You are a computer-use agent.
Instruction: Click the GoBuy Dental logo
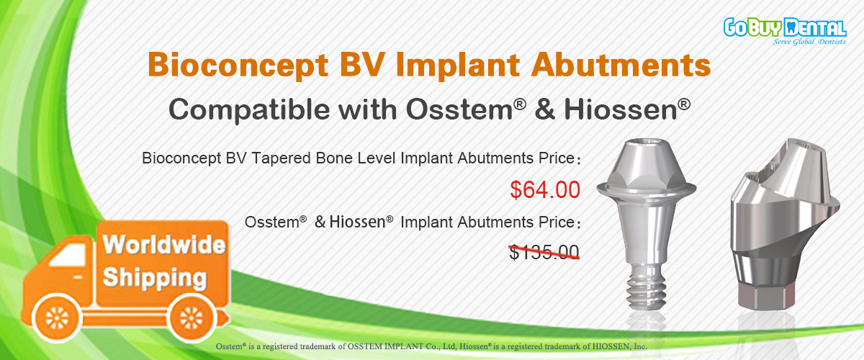click(785, 31)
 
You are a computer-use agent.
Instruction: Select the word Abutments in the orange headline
click(621, 65)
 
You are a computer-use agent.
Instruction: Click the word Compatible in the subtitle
click(249, 110)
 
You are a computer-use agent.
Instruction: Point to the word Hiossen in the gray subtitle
click(620, 110)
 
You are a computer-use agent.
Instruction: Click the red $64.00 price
click(545, 189)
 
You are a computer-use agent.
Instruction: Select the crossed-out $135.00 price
click(544, 252)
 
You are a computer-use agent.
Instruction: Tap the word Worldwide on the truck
click(164, 244)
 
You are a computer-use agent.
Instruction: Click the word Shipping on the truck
click(155, 278)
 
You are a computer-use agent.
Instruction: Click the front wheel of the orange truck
click(57, 318)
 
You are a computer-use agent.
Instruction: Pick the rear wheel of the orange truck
click(192, 318)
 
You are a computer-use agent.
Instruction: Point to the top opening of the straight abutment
click(646, 143)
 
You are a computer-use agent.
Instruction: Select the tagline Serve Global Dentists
click(809, 41)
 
